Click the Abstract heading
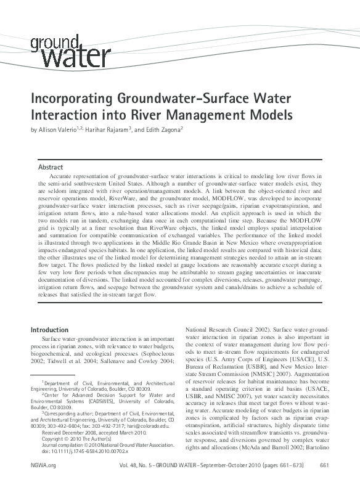[x=51, y=167]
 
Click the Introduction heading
[x=50, y=330]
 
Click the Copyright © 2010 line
[x=76, y=439]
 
